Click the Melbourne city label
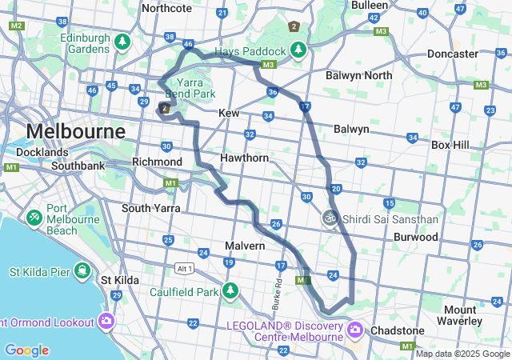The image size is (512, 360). point(76,130)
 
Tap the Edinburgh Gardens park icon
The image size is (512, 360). point(122,41)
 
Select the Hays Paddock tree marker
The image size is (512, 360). point(298,51)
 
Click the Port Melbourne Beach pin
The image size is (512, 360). point(34,217)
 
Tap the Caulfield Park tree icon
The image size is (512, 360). point(230,290)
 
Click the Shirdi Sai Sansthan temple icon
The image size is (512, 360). point(328,218)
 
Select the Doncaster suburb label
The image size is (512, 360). point(453,53)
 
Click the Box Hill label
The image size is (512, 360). point(454,145)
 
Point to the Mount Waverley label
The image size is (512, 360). point(460,315)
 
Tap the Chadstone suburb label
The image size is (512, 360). point(397,330)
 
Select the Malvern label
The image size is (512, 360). point(244,246)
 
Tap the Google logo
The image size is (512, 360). point(26,350)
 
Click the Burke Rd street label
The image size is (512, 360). point(278,294)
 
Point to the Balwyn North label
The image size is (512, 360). point(359,75)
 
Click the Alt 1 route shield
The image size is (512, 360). point(186,268)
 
